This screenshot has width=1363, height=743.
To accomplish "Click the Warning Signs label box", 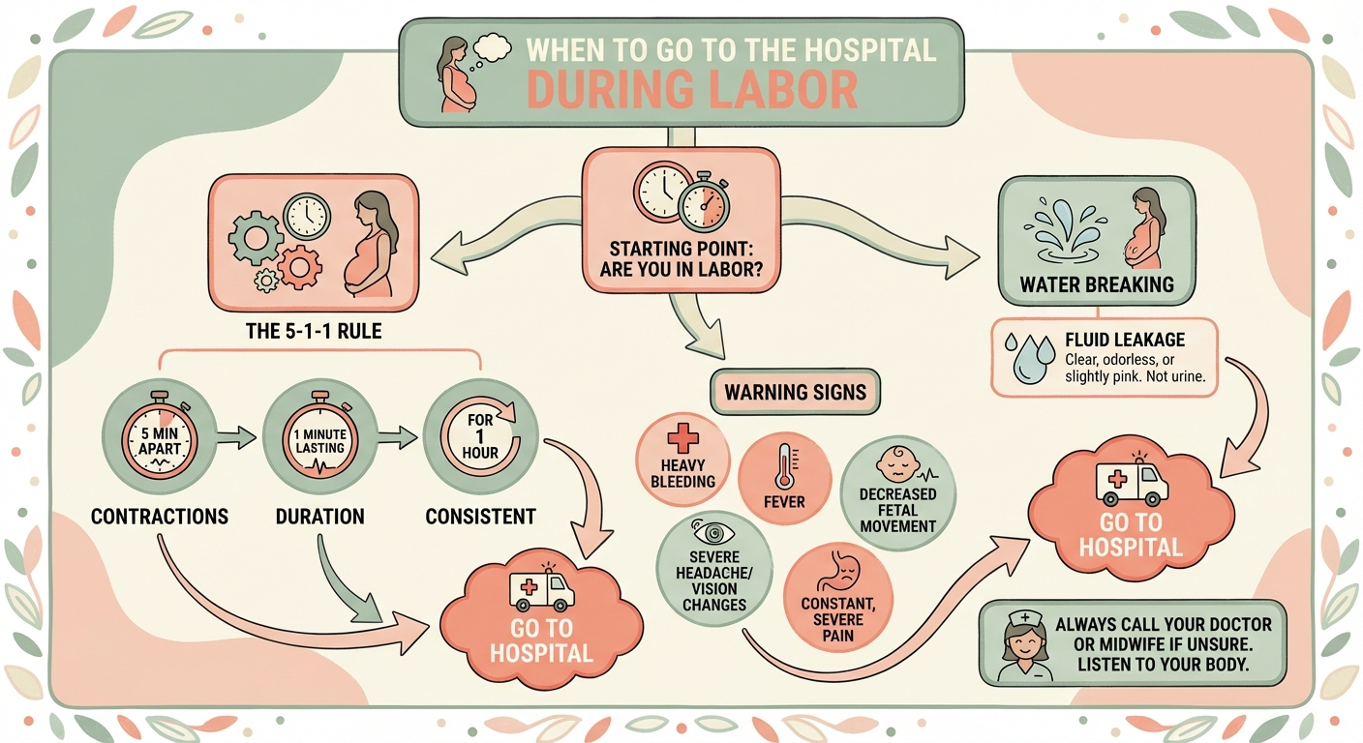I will point(797,393).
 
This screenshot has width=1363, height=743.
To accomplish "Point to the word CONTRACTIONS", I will point(160,516).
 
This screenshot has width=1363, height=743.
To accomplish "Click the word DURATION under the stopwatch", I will point(320,516).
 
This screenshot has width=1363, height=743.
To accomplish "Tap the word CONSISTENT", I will point(481,516).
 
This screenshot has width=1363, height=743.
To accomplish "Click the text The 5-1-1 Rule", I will point(315,332).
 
